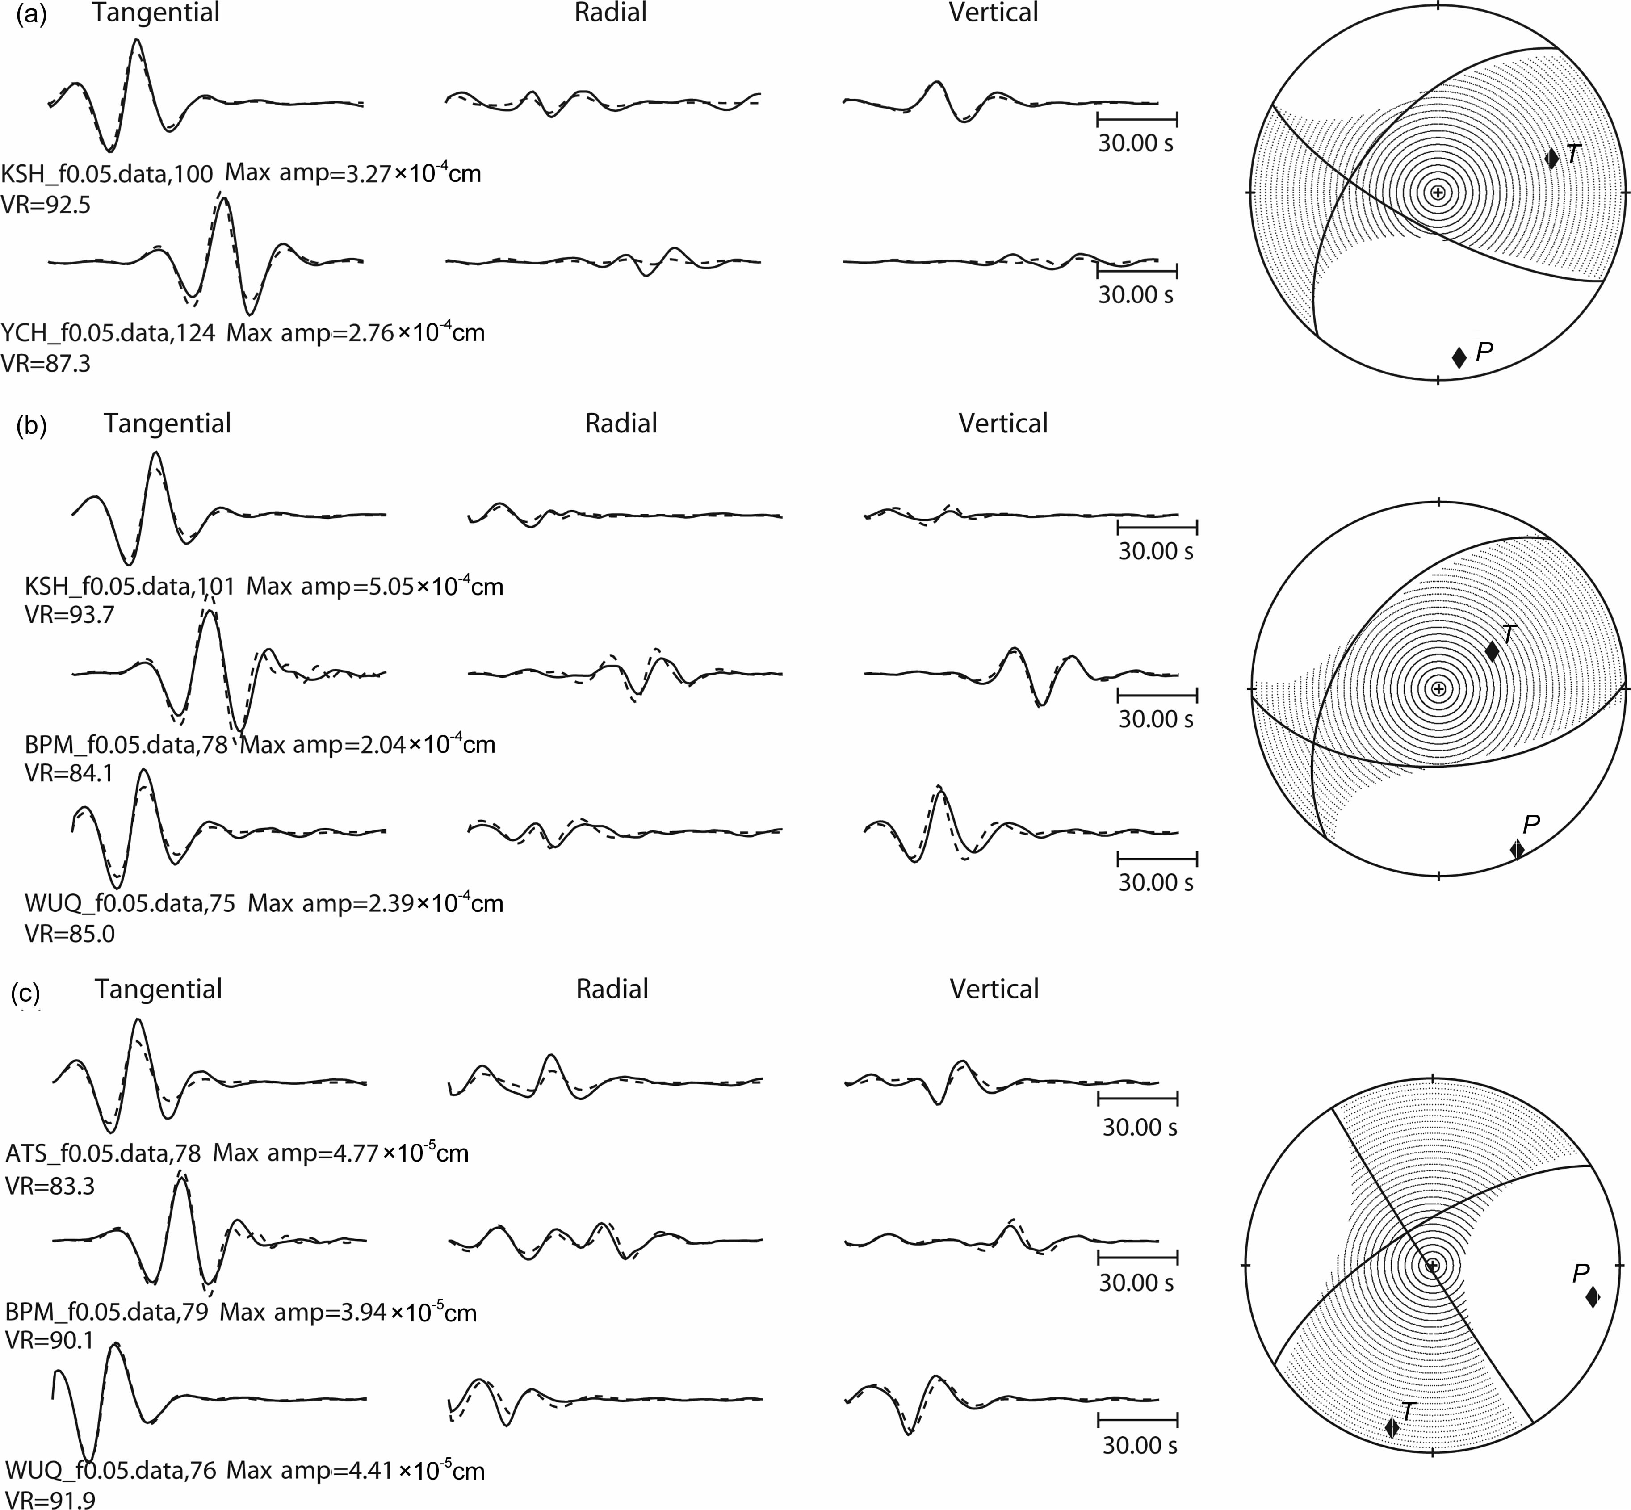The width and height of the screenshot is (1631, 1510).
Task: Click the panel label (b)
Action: pyautogui.click(x=32, y=427)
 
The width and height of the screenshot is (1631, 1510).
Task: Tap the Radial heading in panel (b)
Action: pyautogui.click(x=621, y=423)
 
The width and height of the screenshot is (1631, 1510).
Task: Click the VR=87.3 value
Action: pyautogui.click(x=46, y=363)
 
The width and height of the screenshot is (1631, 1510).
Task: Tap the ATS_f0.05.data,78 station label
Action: pyautogui.click(x=103, y=1153)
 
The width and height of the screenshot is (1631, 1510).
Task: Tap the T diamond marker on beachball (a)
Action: pyautogui.click(x=1552, y=158)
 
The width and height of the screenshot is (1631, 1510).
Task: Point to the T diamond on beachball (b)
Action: pyautogui.click(x=1491, y=651)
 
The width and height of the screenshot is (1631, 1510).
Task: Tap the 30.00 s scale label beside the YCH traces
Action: pyautogui.click(x=1136, y=295)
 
